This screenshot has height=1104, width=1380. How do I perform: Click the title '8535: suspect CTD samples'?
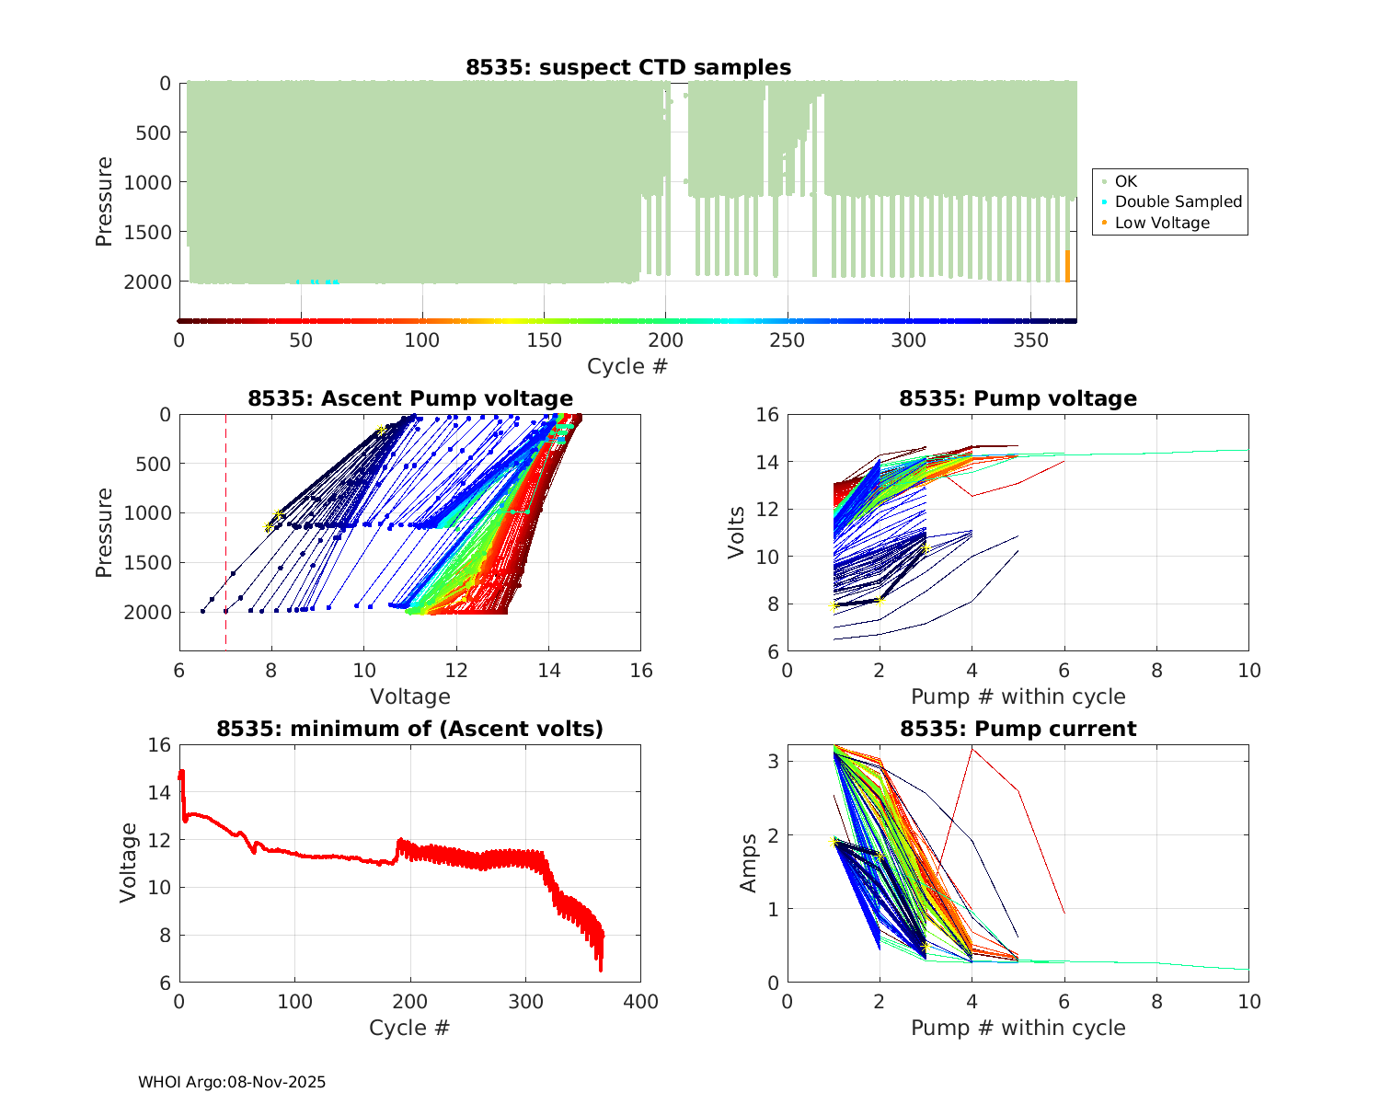tap(628, 67)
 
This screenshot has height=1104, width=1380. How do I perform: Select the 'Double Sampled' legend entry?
tap(1178, 201)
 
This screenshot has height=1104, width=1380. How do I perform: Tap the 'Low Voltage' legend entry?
tap(1162, 223)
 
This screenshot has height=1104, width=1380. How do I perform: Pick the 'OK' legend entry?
tap(1126, 181)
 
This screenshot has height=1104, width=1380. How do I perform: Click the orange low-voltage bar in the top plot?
tap(1067, 266)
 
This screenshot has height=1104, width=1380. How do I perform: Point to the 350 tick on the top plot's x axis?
tap(1030, 340)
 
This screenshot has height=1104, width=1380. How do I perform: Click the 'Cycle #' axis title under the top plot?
tap(627, 366)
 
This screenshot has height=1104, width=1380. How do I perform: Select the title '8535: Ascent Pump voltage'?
tap(410, 398)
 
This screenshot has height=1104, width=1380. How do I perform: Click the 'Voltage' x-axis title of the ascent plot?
tap(410, 696)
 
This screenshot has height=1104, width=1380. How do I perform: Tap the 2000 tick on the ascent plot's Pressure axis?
tap(152, 613)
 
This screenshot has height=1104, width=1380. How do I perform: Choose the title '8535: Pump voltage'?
tap(1018, 398)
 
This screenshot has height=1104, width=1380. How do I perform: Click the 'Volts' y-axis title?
tap(736, 534)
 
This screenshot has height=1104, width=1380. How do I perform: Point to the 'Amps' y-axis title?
tap(749, 863)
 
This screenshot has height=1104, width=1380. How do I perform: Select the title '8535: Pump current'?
tap(1018, 729)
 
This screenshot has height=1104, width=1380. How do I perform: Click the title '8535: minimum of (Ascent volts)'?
tap(410, 729)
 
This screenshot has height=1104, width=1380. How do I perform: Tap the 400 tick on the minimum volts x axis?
tap(640, 1002)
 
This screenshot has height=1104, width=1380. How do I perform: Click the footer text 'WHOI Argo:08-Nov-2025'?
tap(232, 1082)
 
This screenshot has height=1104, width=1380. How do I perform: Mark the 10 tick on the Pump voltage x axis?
tap(1248, 672)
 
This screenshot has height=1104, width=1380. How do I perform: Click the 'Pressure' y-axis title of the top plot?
tap(104, 201)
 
